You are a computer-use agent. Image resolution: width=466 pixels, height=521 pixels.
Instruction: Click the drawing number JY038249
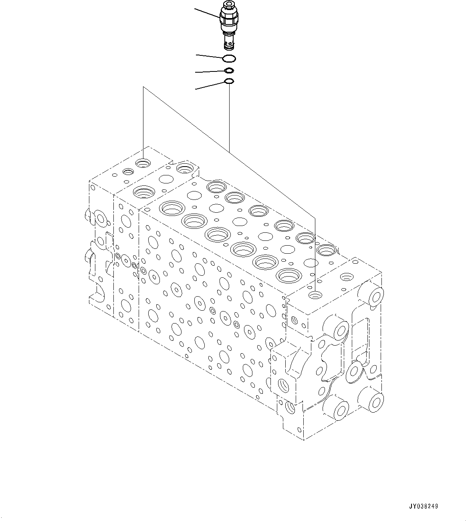point(424,506)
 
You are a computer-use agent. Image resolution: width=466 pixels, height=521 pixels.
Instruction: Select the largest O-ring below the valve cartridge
point(229,59)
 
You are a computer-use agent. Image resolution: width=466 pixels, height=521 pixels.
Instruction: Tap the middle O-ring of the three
point(229,71)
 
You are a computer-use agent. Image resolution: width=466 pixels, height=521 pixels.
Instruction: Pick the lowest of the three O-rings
point(229,82)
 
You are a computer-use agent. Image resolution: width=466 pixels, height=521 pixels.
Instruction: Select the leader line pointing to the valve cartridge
point(207,13)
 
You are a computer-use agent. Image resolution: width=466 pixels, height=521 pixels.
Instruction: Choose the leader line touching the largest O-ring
point(209,56)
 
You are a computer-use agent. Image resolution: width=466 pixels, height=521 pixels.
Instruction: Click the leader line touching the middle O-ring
point(210,72)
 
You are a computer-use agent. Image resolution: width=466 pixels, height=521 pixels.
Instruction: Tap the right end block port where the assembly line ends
point(315,295)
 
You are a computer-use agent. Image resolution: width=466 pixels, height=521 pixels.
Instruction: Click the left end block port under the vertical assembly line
point(143,163)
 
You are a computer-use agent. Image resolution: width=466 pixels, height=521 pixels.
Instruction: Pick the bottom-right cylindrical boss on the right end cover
point(374,400)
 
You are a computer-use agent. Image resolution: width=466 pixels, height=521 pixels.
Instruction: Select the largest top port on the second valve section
point(143,192)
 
